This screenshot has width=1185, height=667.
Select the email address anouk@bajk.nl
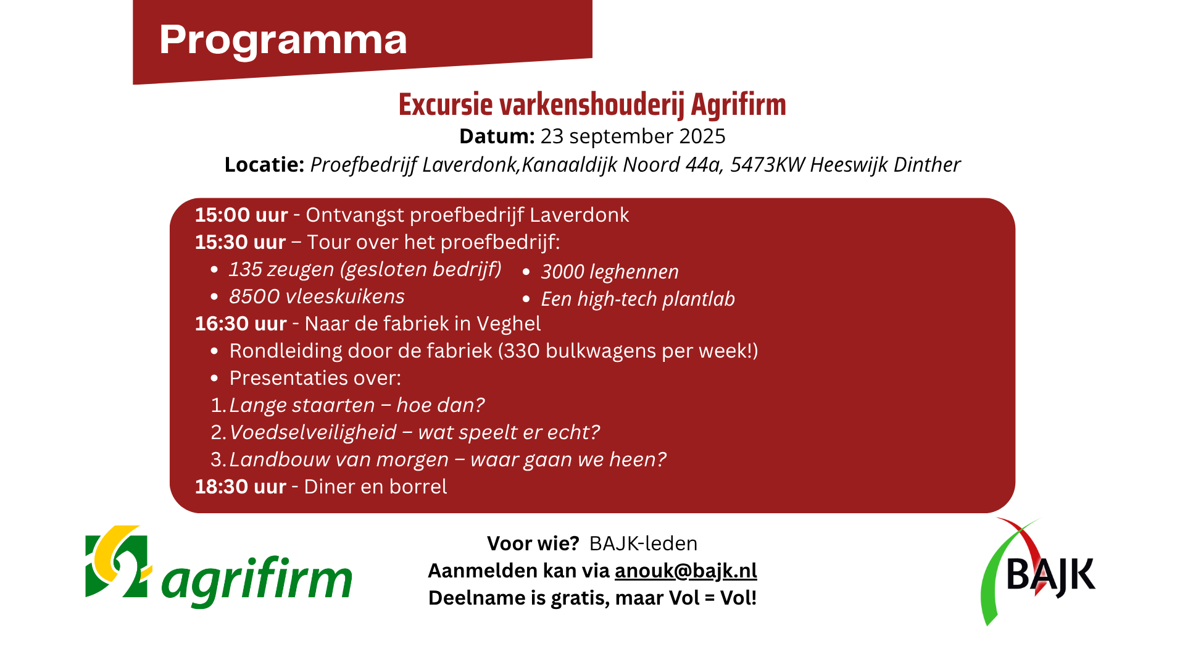(686, 570)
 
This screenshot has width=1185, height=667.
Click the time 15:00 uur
(241, 215)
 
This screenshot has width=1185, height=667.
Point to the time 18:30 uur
(241, 487)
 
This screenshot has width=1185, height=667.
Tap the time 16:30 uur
(241, 324)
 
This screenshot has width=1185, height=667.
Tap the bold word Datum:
(497, 136)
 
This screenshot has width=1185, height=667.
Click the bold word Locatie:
(264, 165)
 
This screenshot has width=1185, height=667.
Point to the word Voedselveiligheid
(313, 432)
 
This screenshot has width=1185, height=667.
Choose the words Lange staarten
(302, 406)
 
